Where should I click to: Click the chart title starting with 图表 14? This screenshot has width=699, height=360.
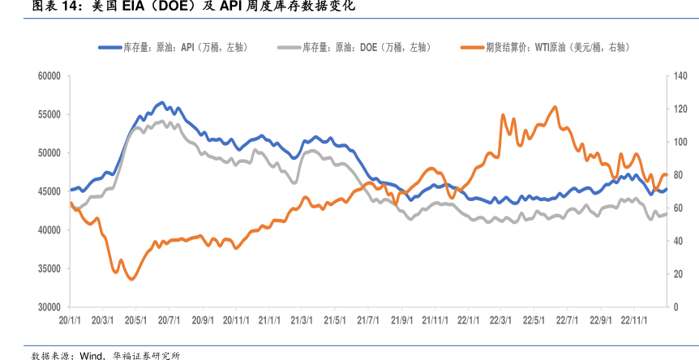pos(182,7)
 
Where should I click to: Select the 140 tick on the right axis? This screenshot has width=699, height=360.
pos(680,76)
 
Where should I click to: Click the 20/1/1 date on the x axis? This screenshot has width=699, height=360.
pos(71,320)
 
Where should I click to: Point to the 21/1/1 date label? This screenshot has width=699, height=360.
pos(269,320)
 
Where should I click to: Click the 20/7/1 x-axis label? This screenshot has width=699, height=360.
pos(169,320)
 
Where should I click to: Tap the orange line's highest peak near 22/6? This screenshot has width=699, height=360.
pos(555,106)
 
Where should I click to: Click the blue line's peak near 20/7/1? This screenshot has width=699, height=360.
pos(162,103)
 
